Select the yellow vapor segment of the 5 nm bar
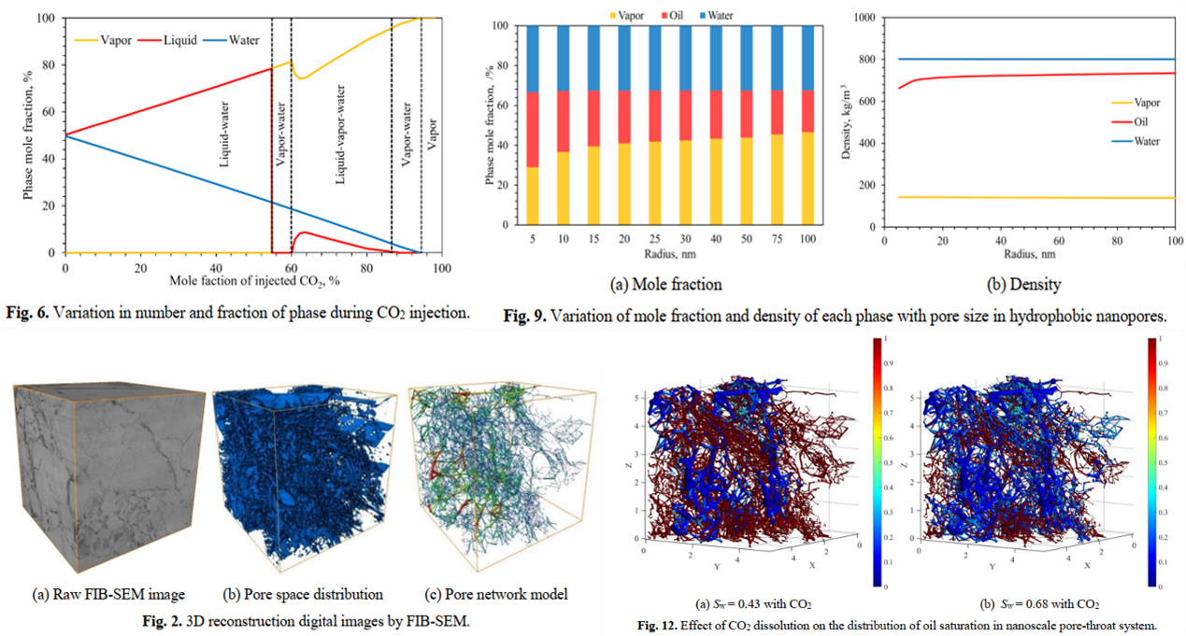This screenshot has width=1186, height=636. click(533, 196)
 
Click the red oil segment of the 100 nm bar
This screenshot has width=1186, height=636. click(807, 111)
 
